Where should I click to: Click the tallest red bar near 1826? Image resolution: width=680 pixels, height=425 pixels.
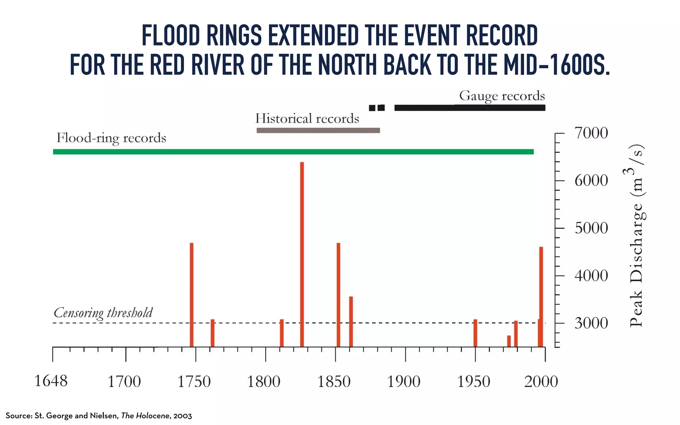tap(302, 254)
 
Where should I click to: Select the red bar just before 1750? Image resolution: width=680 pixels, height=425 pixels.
tap(192, 295)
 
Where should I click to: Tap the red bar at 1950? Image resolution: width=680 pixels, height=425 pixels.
tap(475, 333)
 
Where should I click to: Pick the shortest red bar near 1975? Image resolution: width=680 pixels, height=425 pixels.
tap(509, 341)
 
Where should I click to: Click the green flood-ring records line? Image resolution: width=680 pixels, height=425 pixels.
tap(293, 152)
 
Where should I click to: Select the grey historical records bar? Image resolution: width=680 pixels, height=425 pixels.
tap(318, 130)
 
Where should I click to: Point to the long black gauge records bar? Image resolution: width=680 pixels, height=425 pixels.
tap(469, 108)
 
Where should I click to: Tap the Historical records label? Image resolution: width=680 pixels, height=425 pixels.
tap(307, 119)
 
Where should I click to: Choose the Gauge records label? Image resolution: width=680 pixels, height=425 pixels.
tap(502, 96)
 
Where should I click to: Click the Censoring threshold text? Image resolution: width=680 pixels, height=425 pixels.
tap(103, 313)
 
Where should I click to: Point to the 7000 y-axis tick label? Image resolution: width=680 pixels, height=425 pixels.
tap(591, 133)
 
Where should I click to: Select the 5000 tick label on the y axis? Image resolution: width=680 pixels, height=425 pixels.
tap(591, 228)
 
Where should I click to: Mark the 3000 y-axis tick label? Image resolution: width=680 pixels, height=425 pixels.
tap(591, 323)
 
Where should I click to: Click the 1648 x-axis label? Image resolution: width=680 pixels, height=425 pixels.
tap(51, 381)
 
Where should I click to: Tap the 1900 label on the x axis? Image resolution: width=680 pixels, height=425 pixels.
tap(404, 382)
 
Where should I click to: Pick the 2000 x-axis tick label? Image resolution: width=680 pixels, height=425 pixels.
tap(541, 382)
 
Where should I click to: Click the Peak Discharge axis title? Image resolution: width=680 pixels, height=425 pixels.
tap(637, 236)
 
